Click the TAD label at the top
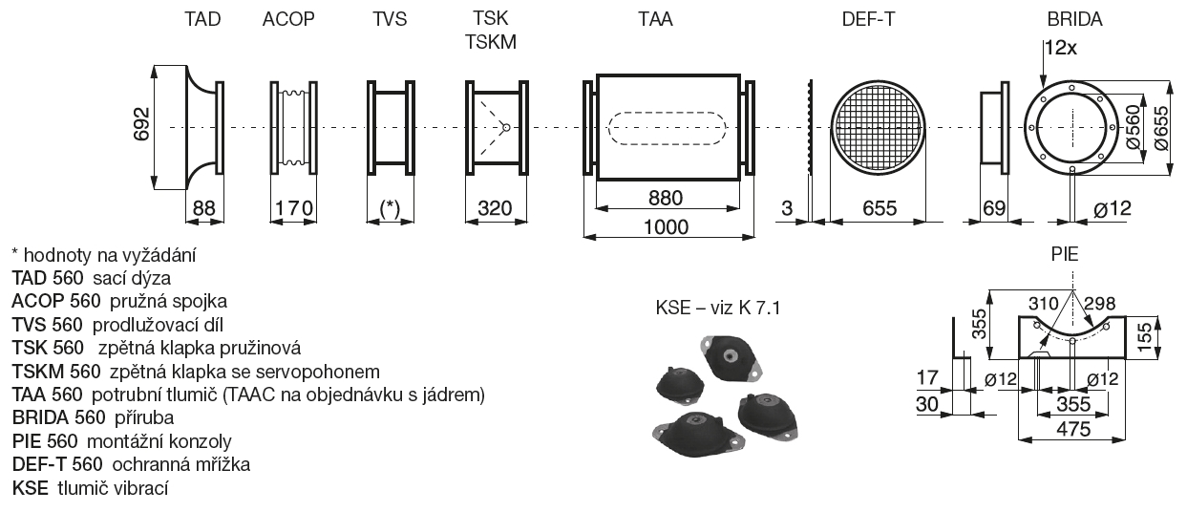[x=202, y=19]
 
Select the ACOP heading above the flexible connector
[x=288, y=19]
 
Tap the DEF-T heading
[x=868, y=19]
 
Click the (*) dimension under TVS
[x=390, y=209]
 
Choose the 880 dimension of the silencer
[x=666, y=199]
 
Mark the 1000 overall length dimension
[x=667, y=226]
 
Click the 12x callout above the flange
[x=1061, y=46]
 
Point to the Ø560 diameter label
[x=1134, y=125]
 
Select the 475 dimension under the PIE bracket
[x=1074, y=430]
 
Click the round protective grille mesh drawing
[x=879, y=128]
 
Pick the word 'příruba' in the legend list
[x=143, y=417]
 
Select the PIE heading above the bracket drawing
[x=1066, y=256]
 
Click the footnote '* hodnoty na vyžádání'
[x=105, y=255]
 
